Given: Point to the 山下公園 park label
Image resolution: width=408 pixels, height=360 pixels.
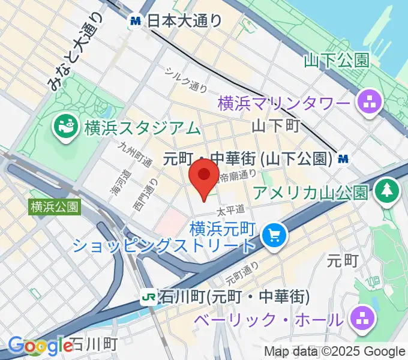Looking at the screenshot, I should tap(335, 60).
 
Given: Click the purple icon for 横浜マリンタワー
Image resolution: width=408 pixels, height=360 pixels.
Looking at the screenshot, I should tap(369, 103).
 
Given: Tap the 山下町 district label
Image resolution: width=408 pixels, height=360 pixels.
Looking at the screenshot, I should tap(275, 125).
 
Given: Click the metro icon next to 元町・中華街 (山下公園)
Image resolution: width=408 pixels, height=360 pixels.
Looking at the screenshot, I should tap(343, 159).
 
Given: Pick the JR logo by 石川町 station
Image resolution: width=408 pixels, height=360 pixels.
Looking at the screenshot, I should tap(148, 296).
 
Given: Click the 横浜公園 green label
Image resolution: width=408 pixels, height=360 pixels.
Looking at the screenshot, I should tap(54, 207).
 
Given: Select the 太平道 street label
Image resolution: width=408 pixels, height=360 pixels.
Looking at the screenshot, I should tap(231, 210).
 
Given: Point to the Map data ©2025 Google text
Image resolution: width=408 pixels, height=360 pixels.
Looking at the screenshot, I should tap(335, 352).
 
